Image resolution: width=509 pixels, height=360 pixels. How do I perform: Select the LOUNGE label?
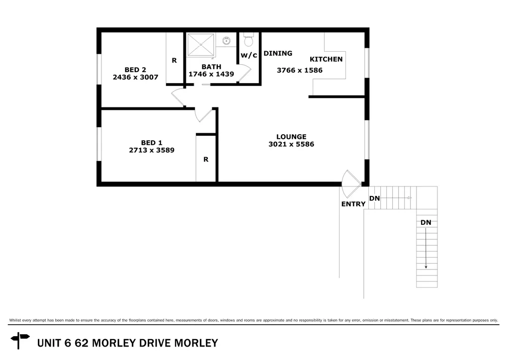[x=291, y=137]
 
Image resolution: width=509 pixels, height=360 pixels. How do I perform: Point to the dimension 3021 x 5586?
[x=291, y=144]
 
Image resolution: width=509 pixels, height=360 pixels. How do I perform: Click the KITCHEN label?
[x=326, y=59]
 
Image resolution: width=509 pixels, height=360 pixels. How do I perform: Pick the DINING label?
[x=278, y=53]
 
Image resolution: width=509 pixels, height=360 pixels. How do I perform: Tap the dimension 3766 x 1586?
[x=299, y=70]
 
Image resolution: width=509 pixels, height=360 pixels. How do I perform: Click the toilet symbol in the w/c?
[x=249, y=40]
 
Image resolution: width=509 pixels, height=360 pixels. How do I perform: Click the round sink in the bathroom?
[x=226, y=40]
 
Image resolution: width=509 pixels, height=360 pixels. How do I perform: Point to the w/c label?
[x=249, y=55]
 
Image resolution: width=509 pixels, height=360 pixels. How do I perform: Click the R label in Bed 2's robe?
[x=174, y=60]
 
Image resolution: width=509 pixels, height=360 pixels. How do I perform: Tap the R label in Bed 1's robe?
[x=205, y=160]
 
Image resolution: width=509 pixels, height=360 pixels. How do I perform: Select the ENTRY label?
[x=353, y=204]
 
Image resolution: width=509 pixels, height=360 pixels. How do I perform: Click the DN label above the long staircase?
[x=426, y=222]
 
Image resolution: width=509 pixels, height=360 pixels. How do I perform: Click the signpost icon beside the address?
[x=20, y=341]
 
